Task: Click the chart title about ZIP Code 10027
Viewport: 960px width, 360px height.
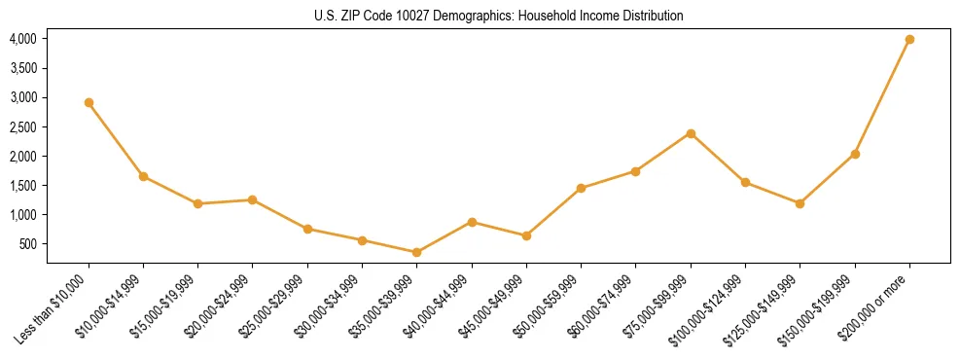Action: pyautogui.click(x=499, y=16)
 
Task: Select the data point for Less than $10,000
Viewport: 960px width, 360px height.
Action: pyautogui.click(x=89, y=102)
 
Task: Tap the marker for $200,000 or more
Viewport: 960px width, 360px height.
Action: pyautogui.click(x=909, y=40)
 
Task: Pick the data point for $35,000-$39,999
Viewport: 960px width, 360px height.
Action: pyautogui.click(x=416, y=252)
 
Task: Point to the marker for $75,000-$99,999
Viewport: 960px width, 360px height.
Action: pyautogui.click(x=691, y=133)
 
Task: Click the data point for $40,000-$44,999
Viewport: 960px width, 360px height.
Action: pyautogui.click(x=472, y=222)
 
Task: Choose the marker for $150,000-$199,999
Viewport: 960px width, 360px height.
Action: pyautogui.click(x=855, y=154)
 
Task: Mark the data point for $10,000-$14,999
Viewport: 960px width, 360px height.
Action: pyautogui.click(x=143, y=176)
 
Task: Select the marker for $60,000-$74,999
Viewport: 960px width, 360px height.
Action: pyautogui.click(x=635, y=171)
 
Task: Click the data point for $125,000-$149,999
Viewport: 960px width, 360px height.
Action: pyautogui.click(x=800, y=203)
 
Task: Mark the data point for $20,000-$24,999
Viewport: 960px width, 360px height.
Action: pyautogui.click(x=252, y=199)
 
